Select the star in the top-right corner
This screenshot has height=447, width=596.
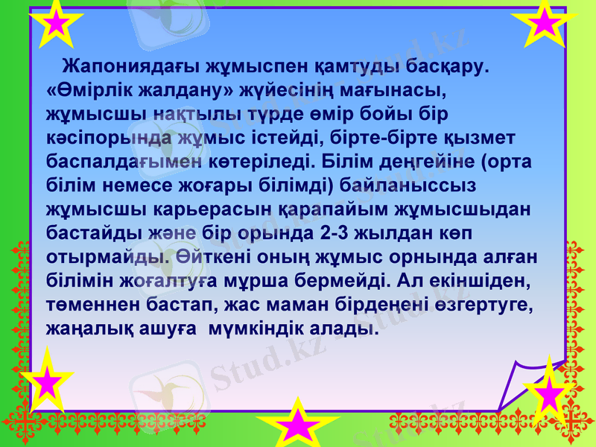(x=545, y=23)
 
